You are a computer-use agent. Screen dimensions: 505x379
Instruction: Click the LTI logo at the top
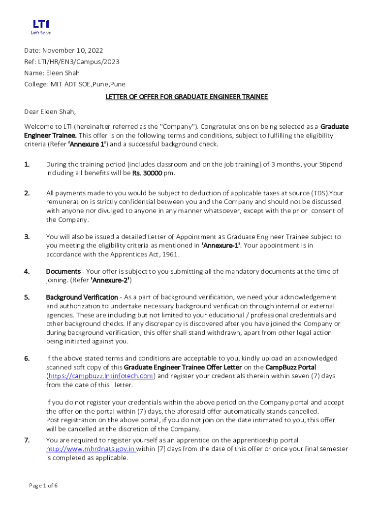pyautogui.click(x=41, y=26)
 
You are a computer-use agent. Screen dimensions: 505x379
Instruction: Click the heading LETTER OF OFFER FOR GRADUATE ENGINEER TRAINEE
pyautogui.click(x=187, y=97)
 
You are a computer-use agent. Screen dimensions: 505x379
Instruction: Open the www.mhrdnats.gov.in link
pyautogui.click(x=91, y=449)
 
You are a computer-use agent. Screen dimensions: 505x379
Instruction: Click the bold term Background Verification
pyautogui.click(x=82, y=297)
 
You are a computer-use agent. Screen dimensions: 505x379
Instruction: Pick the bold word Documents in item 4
pyautogui.click(x=63, y=271)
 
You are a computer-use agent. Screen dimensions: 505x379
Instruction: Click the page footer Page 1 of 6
pyautogui.click(x=43, y=486)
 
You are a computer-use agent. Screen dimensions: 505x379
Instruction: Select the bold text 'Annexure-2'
pyautogui.click(x=110, y=280)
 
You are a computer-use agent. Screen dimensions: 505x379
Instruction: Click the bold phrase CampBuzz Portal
pyautogui.click(x=290, y=367)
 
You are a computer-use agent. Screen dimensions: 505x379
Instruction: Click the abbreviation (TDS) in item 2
pyautogui.click(x=318, y=193)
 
